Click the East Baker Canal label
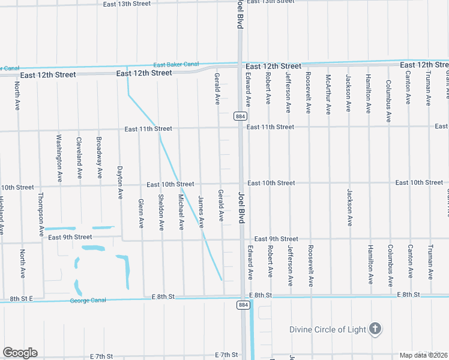[175, 64]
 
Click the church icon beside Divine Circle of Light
[375, 328]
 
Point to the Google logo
[20, 353]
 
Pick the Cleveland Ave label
[79, 158]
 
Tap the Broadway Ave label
[99, 157]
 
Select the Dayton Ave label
[120, 182]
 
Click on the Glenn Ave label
[141, 214]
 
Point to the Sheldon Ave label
[161, 212]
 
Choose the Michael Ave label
[181, 212]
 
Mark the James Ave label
[201, 212]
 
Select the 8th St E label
[20, 298]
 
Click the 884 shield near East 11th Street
[240, 116]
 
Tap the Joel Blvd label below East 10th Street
[241, 208]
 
